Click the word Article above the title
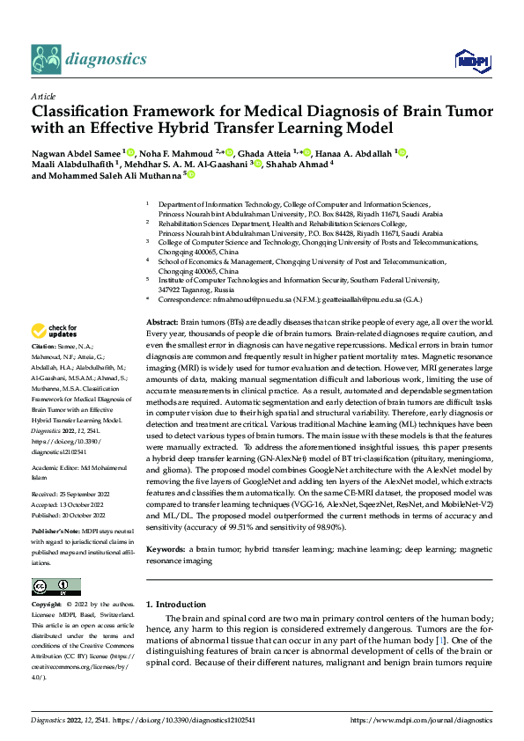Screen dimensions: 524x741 (43, 96)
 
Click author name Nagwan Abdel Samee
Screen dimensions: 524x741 (77, 153)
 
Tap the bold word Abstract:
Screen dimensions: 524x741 (162, 324)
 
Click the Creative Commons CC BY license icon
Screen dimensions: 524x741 (55, 587)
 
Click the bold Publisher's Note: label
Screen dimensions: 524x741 (57, 532)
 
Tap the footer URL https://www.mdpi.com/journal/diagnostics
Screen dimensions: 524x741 (422, 720)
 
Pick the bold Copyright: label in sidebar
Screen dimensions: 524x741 (48, 605)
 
